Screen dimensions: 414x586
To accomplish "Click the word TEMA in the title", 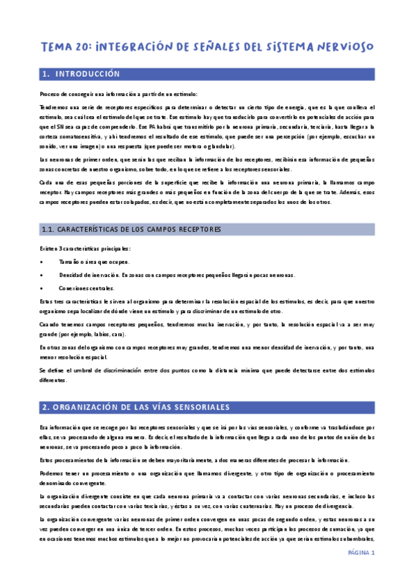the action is coord(57,46).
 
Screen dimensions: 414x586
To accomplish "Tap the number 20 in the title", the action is coord(84,46).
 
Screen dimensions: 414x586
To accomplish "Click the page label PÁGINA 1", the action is coord(361,552).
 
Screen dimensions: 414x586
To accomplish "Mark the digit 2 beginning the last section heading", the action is coord(44,407).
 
